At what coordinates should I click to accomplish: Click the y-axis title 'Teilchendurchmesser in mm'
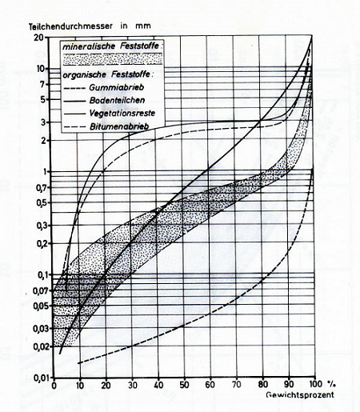click(x=90, y=26)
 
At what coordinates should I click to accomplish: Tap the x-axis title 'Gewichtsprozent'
click(x=300, y=394)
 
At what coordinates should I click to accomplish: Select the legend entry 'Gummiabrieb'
click(x=117, y=87)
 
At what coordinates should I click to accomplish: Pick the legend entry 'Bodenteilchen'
click(x=117, y=100)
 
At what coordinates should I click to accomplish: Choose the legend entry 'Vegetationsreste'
click(x=122, y=114)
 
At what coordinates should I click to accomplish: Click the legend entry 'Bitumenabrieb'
click(x=119, y=126)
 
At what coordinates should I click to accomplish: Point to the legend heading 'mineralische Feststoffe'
click(x=110, y=46)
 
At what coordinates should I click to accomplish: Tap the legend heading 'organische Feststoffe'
click(x=106, y=74)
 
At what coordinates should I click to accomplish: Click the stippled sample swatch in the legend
click(x=112, y=59)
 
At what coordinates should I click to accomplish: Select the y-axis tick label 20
click(x=38, y=37)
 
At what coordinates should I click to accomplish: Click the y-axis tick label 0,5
click(x=42, y=202)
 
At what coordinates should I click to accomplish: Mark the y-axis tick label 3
click(x=44, y=122)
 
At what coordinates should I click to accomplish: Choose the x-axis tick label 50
click(x=184, y=385)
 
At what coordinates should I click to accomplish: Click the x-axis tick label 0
click(x=54, y=385)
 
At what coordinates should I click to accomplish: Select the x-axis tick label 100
click(x=315, y=384)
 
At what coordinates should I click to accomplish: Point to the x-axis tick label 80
click(x=262, y=384)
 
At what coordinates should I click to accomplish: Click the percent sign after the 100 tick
click(x=332, y=384)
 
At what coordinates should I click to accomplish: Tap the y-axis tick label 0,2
click(x=42, y=244)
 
